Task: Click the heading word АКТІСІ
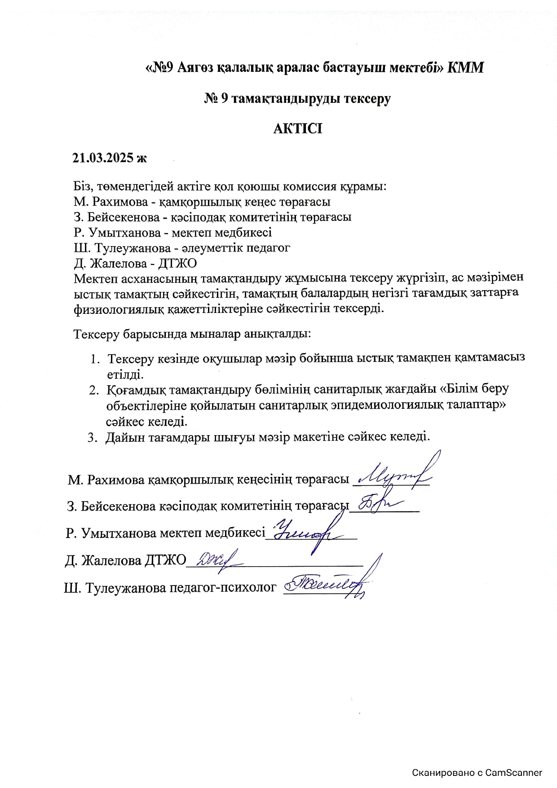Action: point(298,129)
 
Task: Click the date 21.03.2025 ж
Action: point(110,158)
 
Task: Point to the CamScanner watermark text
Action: point(477,773)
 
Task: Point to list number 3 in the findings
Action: point(92,437)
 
